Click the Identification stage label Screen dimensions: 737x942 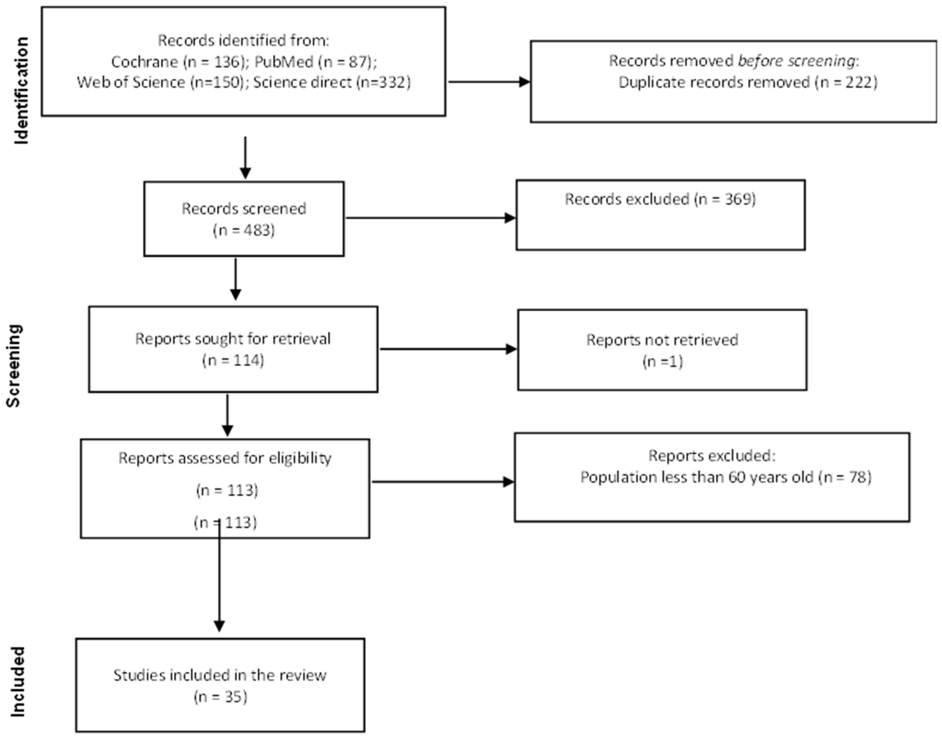coord(22,91)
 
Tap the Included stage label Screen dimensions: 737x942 coord(17,682)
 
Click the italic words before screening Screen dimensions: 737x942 coord(796,61)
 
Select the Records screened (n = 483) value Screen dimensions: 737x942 coord(244,230)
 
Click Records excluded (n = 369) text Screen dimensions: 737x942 coord(660,199)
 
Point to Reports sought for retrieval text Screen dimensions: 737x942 coord(233,339)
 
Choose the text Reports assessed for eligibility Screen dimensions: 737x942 coord(225,458)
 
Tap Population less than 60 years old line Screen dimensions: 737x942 coord(725,477)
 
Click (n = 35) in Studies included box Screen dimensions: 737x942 coord(220,696)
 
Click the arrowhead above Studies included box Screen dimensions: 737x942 coord(219,626)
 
